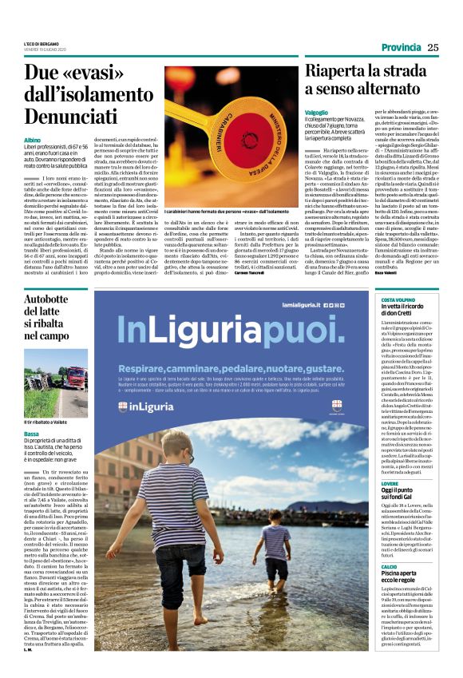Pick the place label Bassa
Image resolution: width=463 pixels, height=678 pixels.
pos(31,433)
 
